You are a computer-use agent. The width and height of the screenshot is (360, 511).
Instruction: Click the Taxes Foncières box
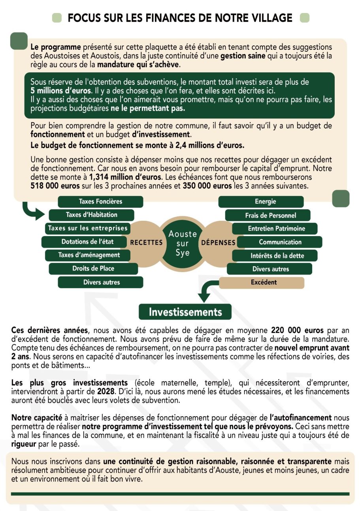click(x=100, y=201)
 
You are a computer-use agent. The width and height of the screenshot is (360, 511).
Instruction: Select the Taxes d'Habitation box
click(x=91, y=215)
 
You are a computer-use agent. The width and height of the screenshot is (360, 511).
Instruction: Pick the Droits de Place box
click(x=93, y=269)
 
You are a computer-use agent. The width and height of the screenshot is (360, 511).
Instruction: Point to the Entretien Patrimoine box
click(x=276, y=229)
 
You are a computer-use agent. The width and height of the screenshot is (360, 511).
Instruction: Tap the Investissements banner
click(x=185, y=312)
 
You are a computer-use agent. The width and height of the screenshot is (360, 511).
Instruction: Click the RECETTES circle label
click(x=146, y=242)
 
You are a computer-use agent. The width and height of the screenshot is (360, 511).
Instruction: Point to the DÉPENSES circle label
click(x=218, y=242)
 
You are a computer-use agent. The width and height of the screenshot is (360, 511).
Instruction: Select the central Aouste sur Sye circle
click(x=182, y=243)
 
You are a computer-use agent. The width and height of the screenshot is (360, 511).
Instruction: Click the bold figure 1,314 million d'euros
click(x=125, y=177)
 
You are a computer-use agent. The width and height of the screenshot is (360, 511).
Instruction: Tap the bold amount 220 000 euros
click(x=297, y=330)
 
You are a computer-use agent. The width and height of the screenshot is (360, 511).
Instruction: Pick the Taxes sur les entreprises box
click(x=88, y=228)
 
